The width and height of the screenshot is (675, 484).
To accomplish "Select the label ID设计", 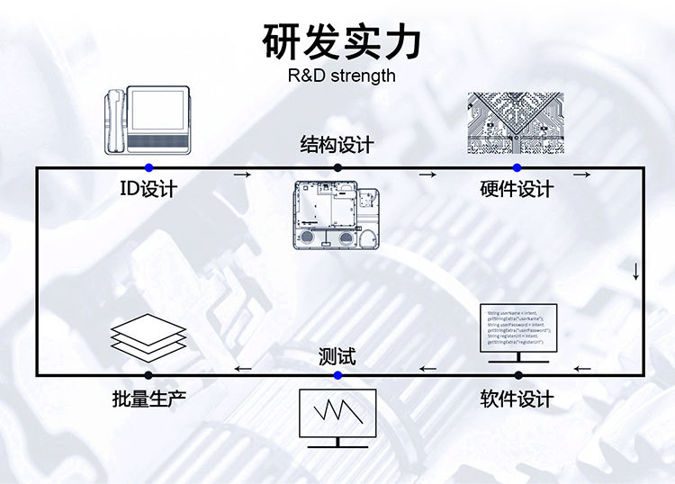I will click(x=148, y=190).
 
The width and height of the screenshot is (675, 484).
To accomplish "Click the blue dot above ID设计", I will click(x=149, y=168).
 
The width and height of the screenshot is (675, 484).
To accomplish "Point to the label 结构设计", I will click(x=337, y=145).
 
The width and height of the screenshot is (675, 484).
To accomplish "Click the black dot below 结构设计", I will click(x=337, y=168).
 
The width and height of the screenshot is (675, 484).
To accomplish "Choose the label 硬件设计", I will click(x=517, y=190).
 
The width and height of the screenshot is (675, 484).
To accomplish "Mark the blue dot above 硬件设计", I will click(x=517, y=168).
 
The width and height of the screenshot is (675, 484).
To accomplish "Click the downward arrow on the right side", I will click(x=636, y=271).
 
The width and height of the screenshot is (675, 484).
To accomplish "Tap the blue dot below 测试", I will click(x=337, y=375).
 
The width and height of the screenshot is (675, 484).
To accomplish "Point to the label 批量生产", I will click(x=149, y=399).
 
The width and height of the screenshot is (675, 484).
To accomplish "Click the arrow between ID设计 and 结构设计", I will click(x=242, y=175).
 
